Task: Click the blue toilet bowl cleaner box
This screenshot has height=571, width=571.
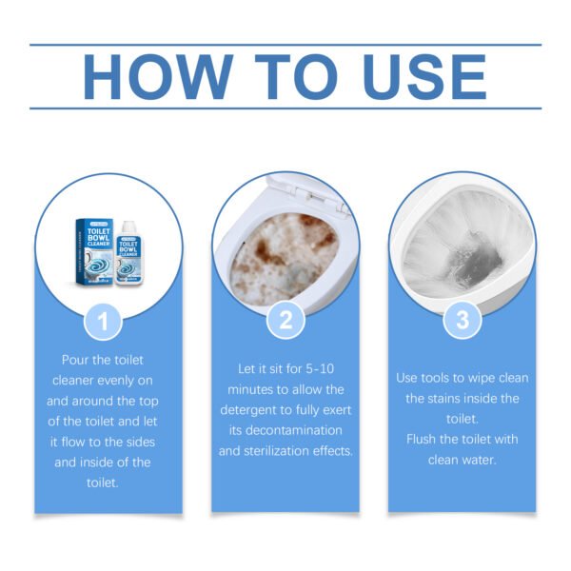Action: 94,250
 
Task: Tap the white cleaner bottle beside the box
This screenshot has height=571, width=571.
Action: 126,253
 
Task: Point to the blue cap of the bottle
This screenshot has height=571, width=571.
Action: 126,225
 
